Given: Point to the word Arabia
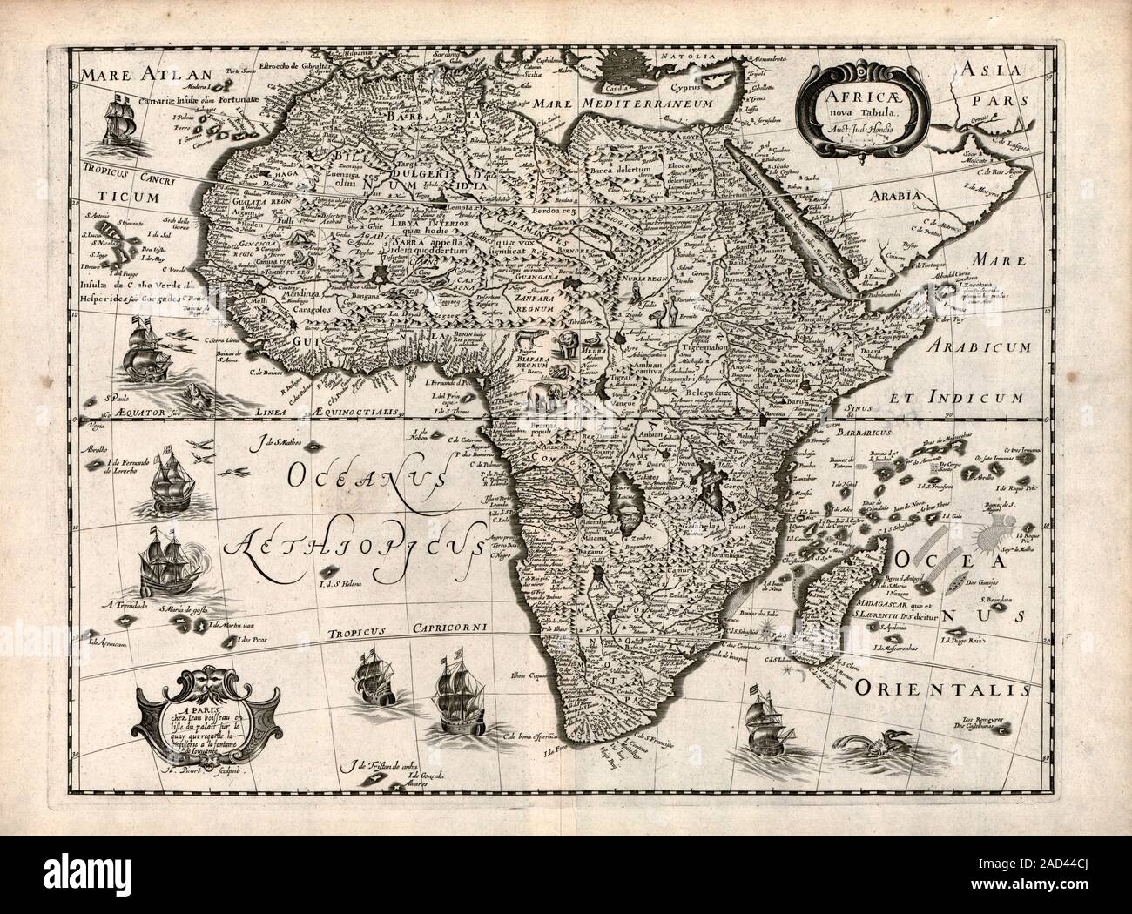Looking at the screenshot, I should tap(890, 197).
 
